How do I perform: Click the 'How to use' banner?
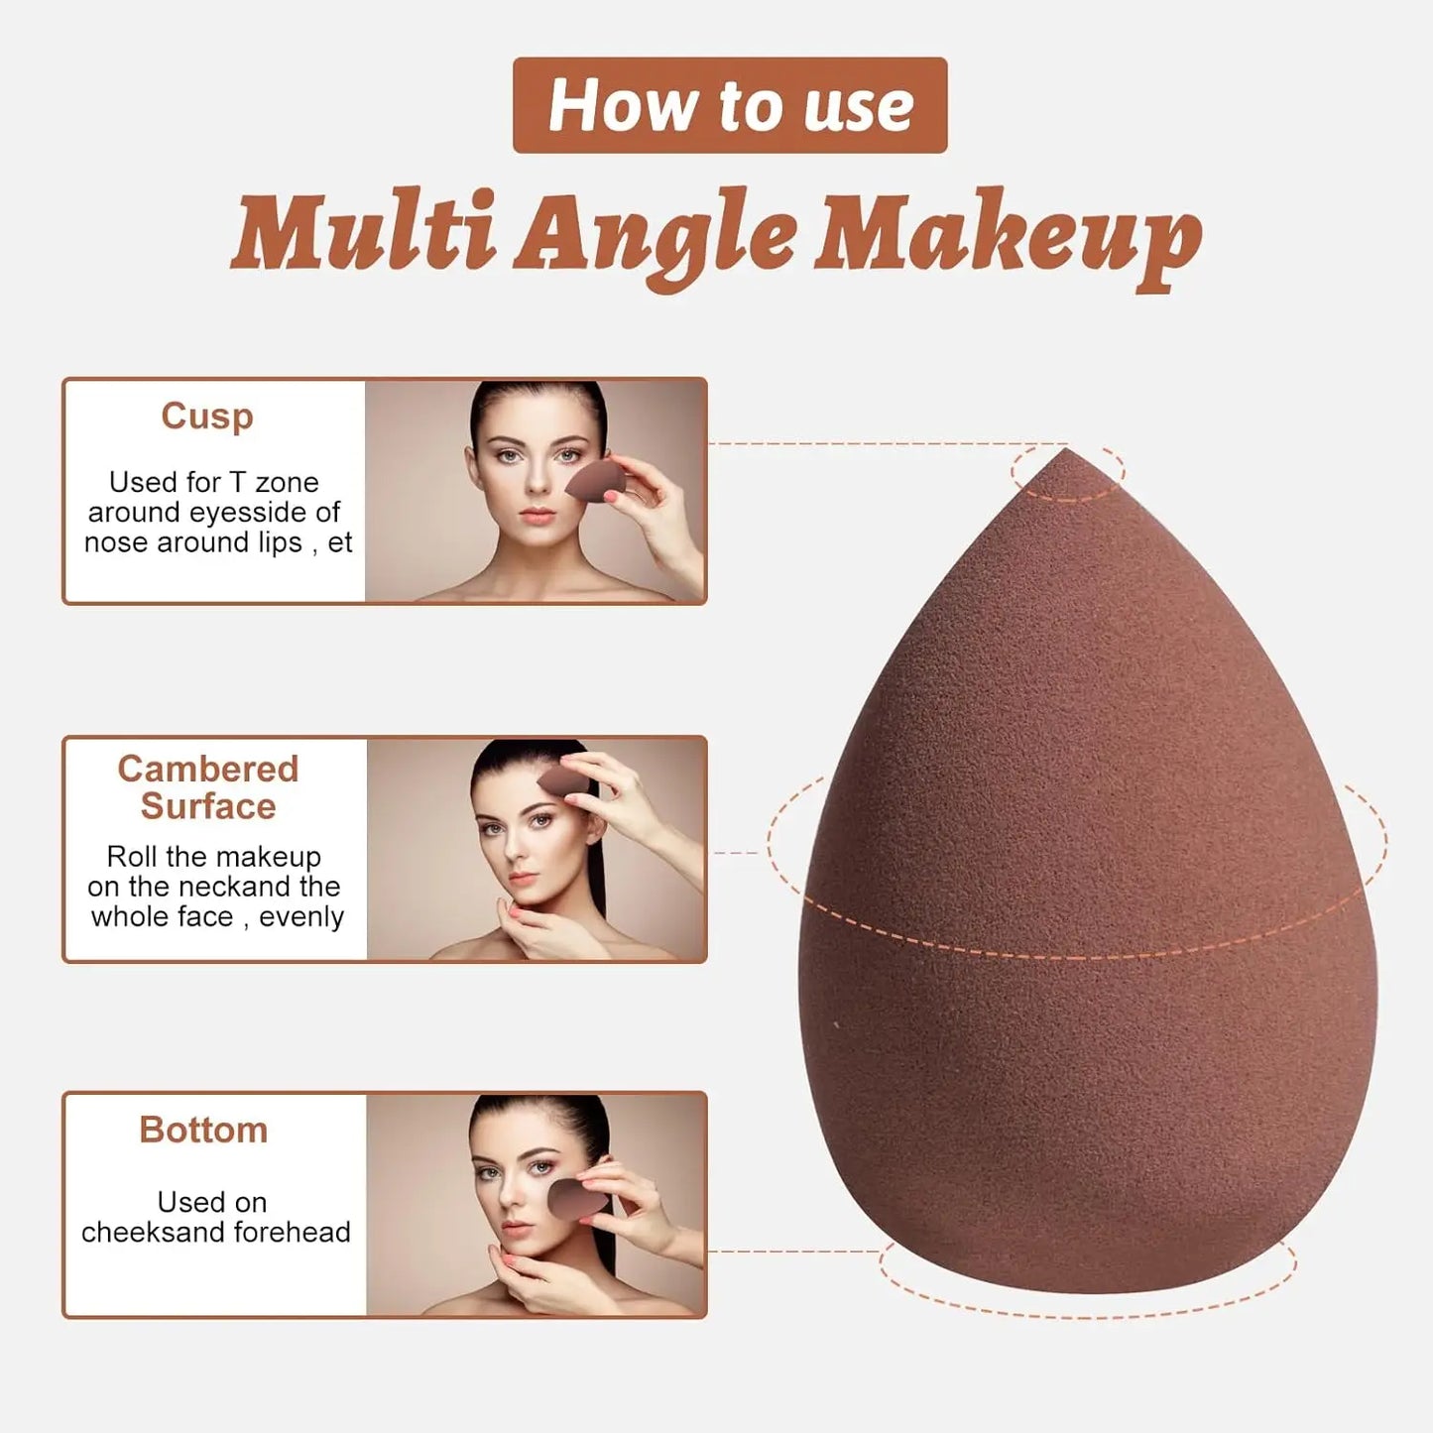tap(730, 105)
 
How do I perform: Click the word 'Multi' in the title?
tap(363, 233)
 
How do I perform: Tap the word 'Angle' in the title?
tap(655, 238)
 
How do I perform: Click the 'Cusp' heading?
tap(207, 416)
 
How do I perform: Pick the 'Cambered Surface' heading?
tap(207, 787)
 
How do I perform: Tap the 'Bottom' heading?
tap(203, 1130)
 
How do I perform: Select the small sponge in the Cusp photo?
tap(596, 481)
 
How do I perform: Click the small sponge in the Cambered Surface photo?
tap(566, 780)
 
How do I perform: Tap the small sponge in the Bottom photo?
tap(578, 1200)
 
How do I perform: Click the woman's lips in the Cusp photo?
tap(537, 516)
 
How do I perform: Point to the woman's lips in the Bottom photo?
tap(516, 1232)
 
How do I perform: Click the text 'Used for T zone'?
tap(213, 482)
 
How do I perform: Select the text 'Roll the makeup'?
tap(213, 856)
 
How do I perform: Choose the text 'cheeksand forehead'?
tap(215, 1232)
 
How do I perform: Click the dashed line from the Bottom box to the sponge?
tap(793, 1251)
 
